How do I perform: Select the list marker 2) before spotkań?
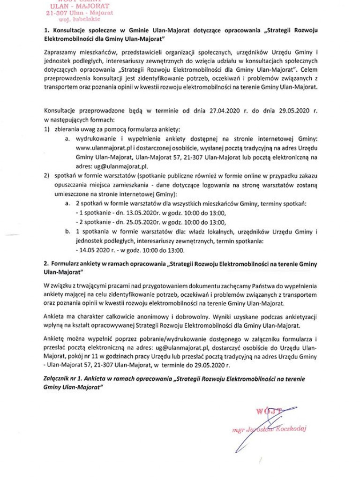pos(47,176)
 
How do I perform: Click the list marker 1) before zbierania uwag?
pos(47,129)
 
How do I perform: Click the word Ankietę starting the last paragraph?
pos(54,338)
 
